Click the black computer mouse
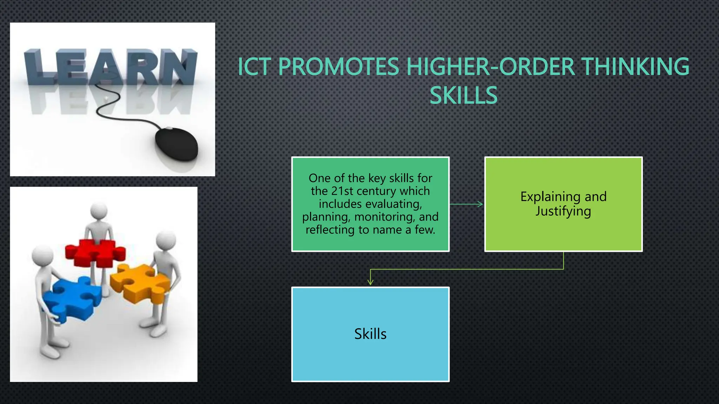coord(177,144)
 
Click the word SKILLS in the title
coord(463,95)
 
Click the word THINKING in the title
coord(635,67)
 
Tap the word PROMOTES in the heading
coord(339,67)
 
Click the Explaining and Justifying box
coord(563,204)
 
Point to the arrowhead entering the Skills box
coord(370,282)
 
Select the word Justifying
coord(563,211)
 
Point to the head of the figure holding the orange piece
coord(166,240)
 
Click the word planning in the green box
coord(326,217)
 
